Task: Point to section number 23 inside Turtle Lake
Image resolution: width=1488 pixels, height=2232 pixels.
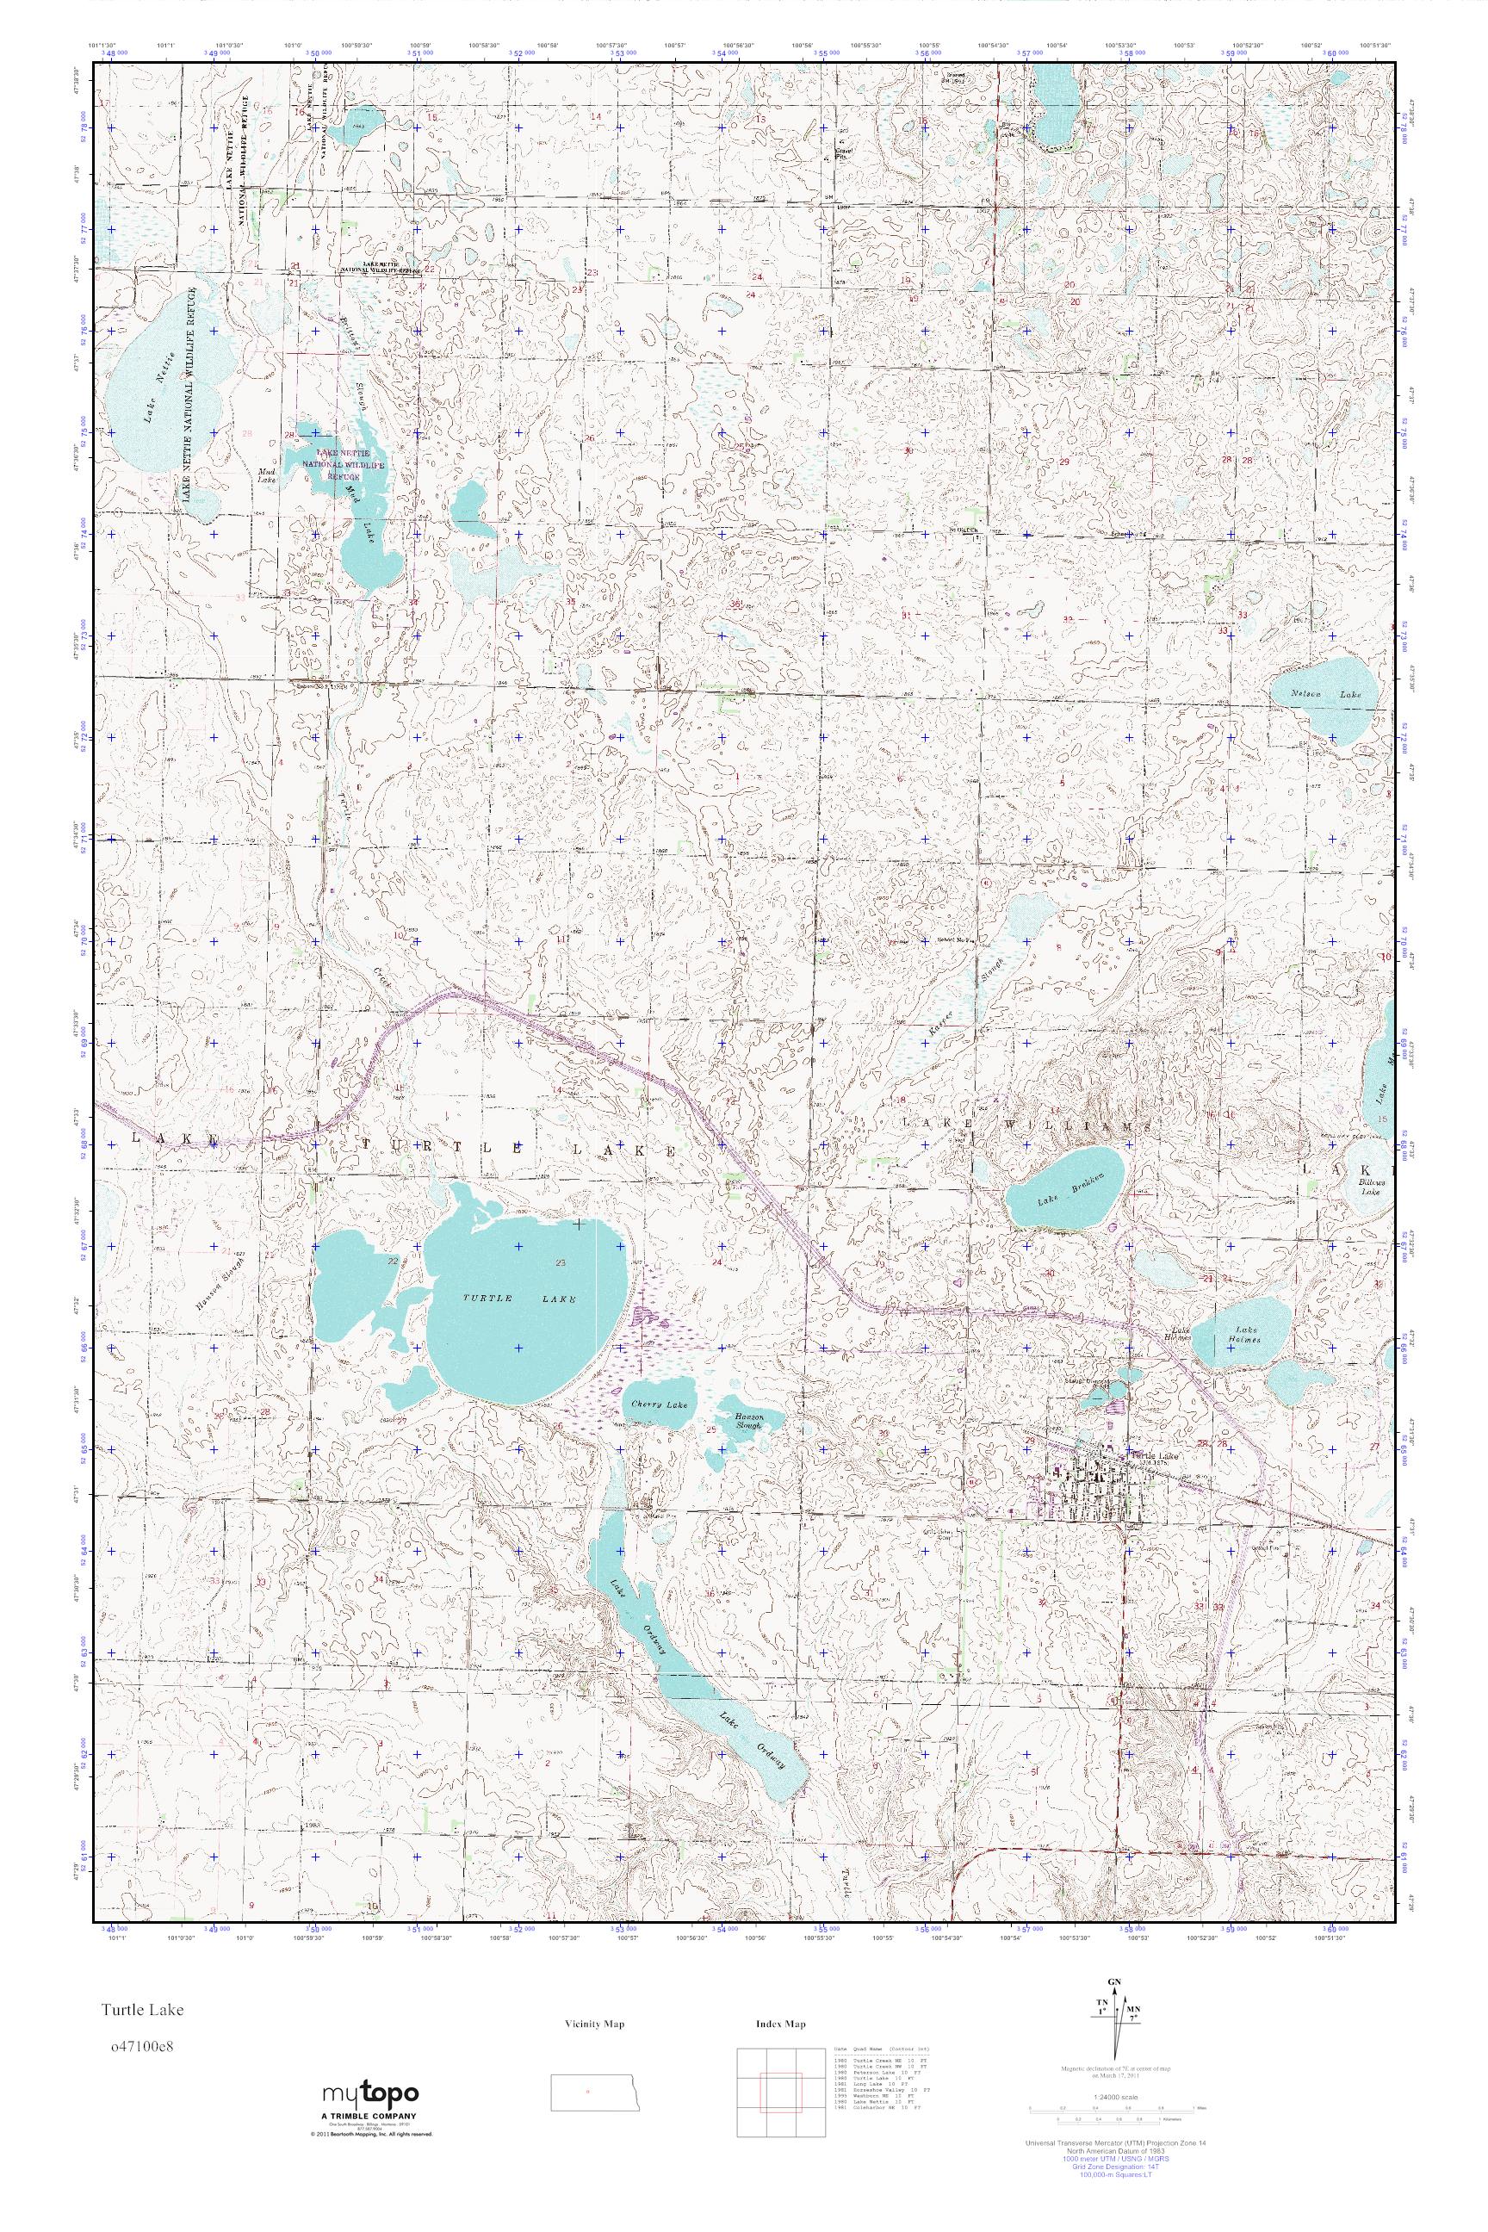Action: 561,1262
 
